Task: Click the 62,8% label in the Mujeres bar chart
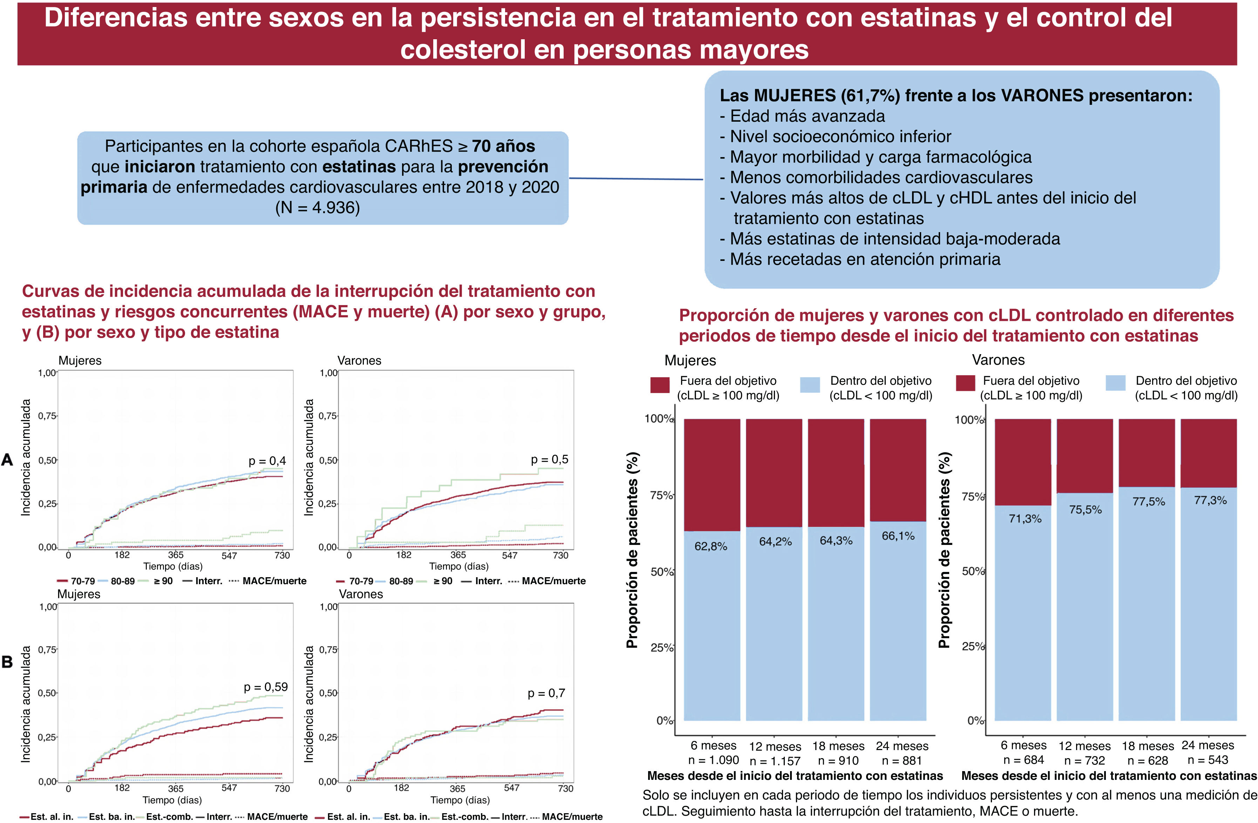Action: tap(710, 546)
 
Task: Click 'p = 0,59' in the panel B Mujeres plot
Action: tap(265, 687)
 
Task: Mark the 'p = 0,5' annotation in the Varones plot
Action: tap(549, 459)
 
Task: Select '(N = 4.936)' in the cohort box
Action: tap(317, 207)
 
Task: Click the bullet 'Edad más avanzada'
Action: tap(807, 116)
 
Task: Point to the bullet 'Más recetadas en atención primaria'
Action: tap(865, 259)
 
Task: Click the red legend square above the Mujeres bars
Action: tap(660, 385)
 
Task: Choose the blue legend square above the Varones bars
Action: tap(1115, 383)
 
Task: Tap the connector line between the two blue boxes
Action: tap(636, 179)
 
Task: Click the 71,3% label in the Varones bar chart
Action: tap(1025, 518)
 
